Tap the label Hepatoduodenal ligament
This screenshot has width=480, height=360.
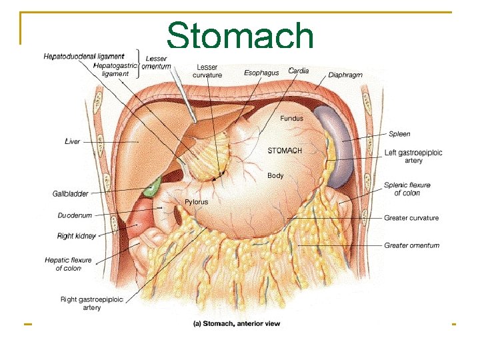coord(83,57)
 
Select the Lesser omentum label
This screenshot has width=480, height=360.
coord(158,63)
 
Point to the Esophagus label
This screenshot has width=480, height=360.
coord(261,73)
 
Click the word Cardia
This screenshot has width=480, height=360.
coord(298,71)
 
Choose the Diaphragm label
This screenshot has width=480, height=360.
coord(345,75)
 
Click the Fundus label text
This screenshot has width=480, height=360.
coord(291,119)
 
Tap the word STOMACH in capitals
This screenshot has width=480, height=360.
coord(285,151)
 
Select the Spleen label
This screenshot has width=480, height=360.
coord(399,134)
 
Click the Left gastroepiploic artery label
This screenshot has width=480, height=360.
coord(413,157)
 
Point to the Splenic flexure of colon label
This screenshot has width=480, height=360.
coord(407,189)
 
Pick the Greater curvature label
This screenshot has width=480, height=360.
coord(411,218)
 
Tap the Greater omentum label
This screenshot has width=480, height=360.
coord(411,245)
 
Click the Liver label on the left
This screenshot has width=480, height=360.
coord(72,141)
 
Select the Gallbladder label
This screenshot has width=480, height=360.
coord(70,194)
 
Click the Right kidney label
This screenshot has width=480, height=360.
coord(77,236)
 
